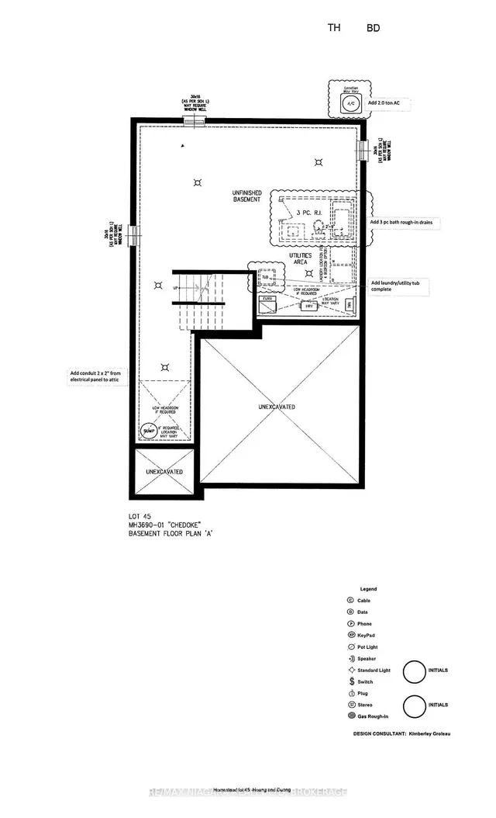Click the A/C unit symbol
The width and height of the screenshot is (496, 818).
(x=350, y=103)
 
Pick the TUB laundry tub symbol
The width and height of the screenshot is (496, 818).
(x=264, y=277)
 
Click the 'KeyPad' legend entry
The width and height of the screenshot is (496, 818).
(x=368, y=634)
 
